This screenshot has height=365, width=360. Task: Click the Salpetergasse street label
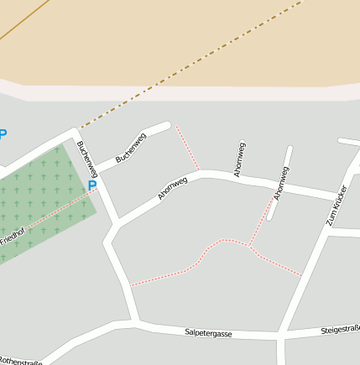click(208, 333)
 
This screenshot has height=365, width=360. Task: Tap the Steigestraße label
click(340, 330)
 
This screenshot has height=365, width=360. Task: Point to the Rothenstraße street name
click(20, 360)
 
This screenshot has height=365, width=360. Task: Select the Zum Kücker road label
click(337, 206)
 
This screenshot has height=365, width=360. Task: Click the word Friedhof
click(12, 237)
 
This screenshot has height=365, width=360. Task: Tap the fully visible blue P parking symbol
click(92, 185)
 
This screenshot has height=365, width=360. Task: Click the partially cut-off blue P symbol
click(3, 134)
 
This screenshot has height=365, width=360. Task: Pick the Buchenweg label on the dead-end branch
click(131, 148)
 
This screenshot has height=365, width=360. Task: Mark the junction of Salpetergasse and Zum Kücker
click(281, 335)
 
